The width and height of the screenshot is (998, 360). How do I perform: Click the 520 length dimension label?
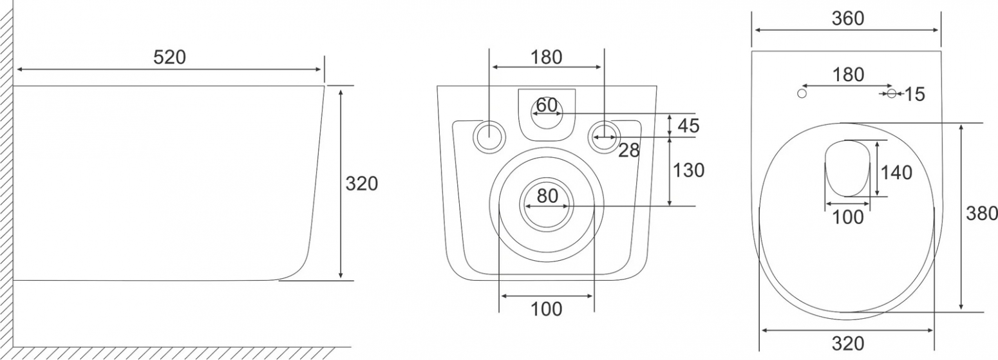(169, 58)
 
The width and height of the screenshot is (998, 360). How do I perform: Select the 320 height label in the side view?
(361, 184)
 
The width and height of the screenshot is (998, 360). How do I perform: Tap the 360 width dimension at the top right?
(848, 19)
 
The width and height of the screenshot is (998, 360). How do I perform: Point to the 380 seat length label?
(981, 213)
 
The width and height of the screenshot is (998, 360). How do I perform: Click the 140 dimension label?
(896, 173)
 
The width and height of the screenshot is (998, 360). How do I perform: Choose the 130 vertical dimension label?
(688, 170)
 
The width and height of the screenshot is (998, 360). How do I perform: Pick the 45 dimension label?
(688, 126)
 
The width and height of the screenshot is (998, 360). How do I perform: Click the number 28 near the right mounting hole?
(628, 151)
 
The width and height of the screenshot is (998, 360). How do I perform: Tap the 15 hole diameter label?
(915, 94)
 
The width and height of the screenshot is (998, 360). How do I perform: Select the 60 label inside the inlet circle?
(547, 105)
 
